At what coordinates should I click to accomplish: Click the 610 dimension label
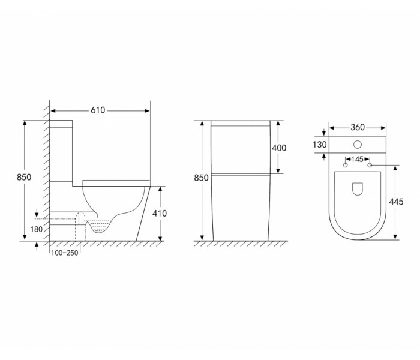98,110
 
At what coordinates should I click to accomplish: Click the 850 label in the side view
24,177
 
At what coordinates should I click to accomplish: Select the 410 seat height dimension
160,213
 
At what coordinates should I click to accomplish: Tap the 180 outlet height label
37,229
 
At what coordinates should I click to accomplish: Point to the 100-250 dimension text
65,253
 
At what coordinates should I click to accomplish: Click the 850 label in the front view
201,178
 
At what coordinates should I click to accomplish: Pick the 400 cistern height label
279,148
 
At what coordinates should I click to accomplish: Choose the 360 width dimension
358,127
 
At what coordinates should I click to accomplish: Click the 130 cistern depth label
320,145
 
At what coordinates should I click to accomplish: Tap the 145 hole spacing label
357,159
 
